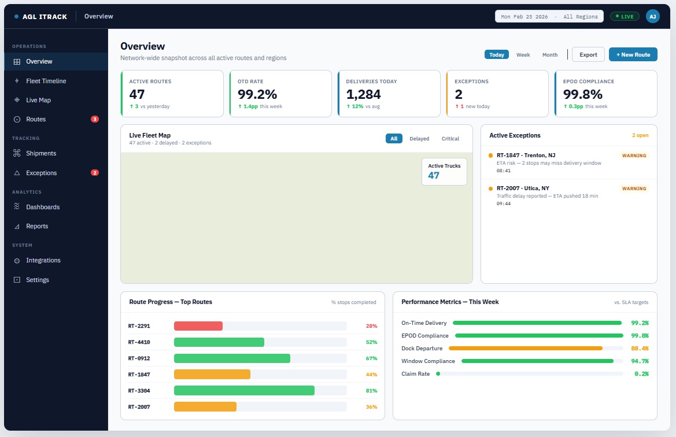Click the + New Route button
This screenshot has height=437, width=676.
633,54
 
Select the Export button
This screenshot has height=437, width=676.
588,54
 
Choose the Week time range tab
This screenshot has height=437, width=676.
523,55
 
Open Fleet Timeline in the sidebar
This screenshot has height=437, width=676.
46,81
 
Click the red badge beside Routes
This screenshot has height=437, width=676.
95,119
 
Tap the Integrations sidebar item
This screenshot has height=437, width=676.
43,260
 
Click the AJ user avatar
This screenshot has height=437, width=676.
652,16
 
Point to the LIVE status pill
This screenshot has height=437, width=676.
624,17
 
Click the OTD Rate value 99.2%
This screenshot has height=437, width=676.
257,94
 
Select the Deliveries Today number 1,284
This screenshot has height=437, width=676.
364,94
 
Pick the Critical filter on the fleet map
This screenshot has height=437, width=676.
450,139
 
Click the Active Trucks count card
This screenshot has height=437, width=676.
444,171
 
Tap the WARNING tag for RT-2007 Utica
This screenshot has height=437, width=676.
634,188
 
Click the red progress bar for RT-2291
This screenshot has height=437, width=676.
198,326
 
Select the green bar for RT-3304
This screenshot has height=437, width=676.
244,390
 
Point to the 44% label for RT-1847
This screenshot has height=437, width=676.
371,375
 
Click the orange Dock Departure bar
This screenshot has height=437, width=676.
525,349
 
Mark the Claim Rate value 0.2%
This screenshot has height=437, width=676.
641,374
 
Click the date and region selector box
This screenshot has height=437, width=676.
549,17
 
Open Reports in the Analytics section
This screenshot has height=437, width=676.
37,226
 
